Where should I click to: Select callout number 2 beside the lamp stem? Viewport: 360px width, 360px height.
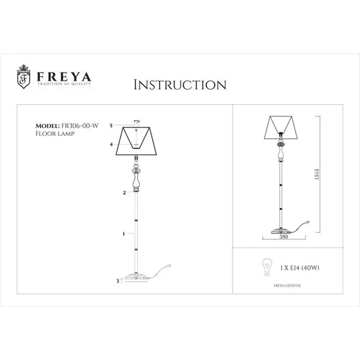coord(124,192)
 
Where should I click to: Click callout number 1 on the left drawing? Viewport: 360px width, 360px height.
coord(123,234)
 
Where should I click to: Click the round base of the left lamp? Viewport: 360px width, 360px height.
coord(137,277)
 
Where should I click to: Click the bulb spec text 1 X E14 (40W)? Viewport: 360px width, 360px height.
coord(295,267)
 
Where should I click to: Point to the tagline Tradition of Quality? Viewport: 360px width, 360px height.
coord(64,83)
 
